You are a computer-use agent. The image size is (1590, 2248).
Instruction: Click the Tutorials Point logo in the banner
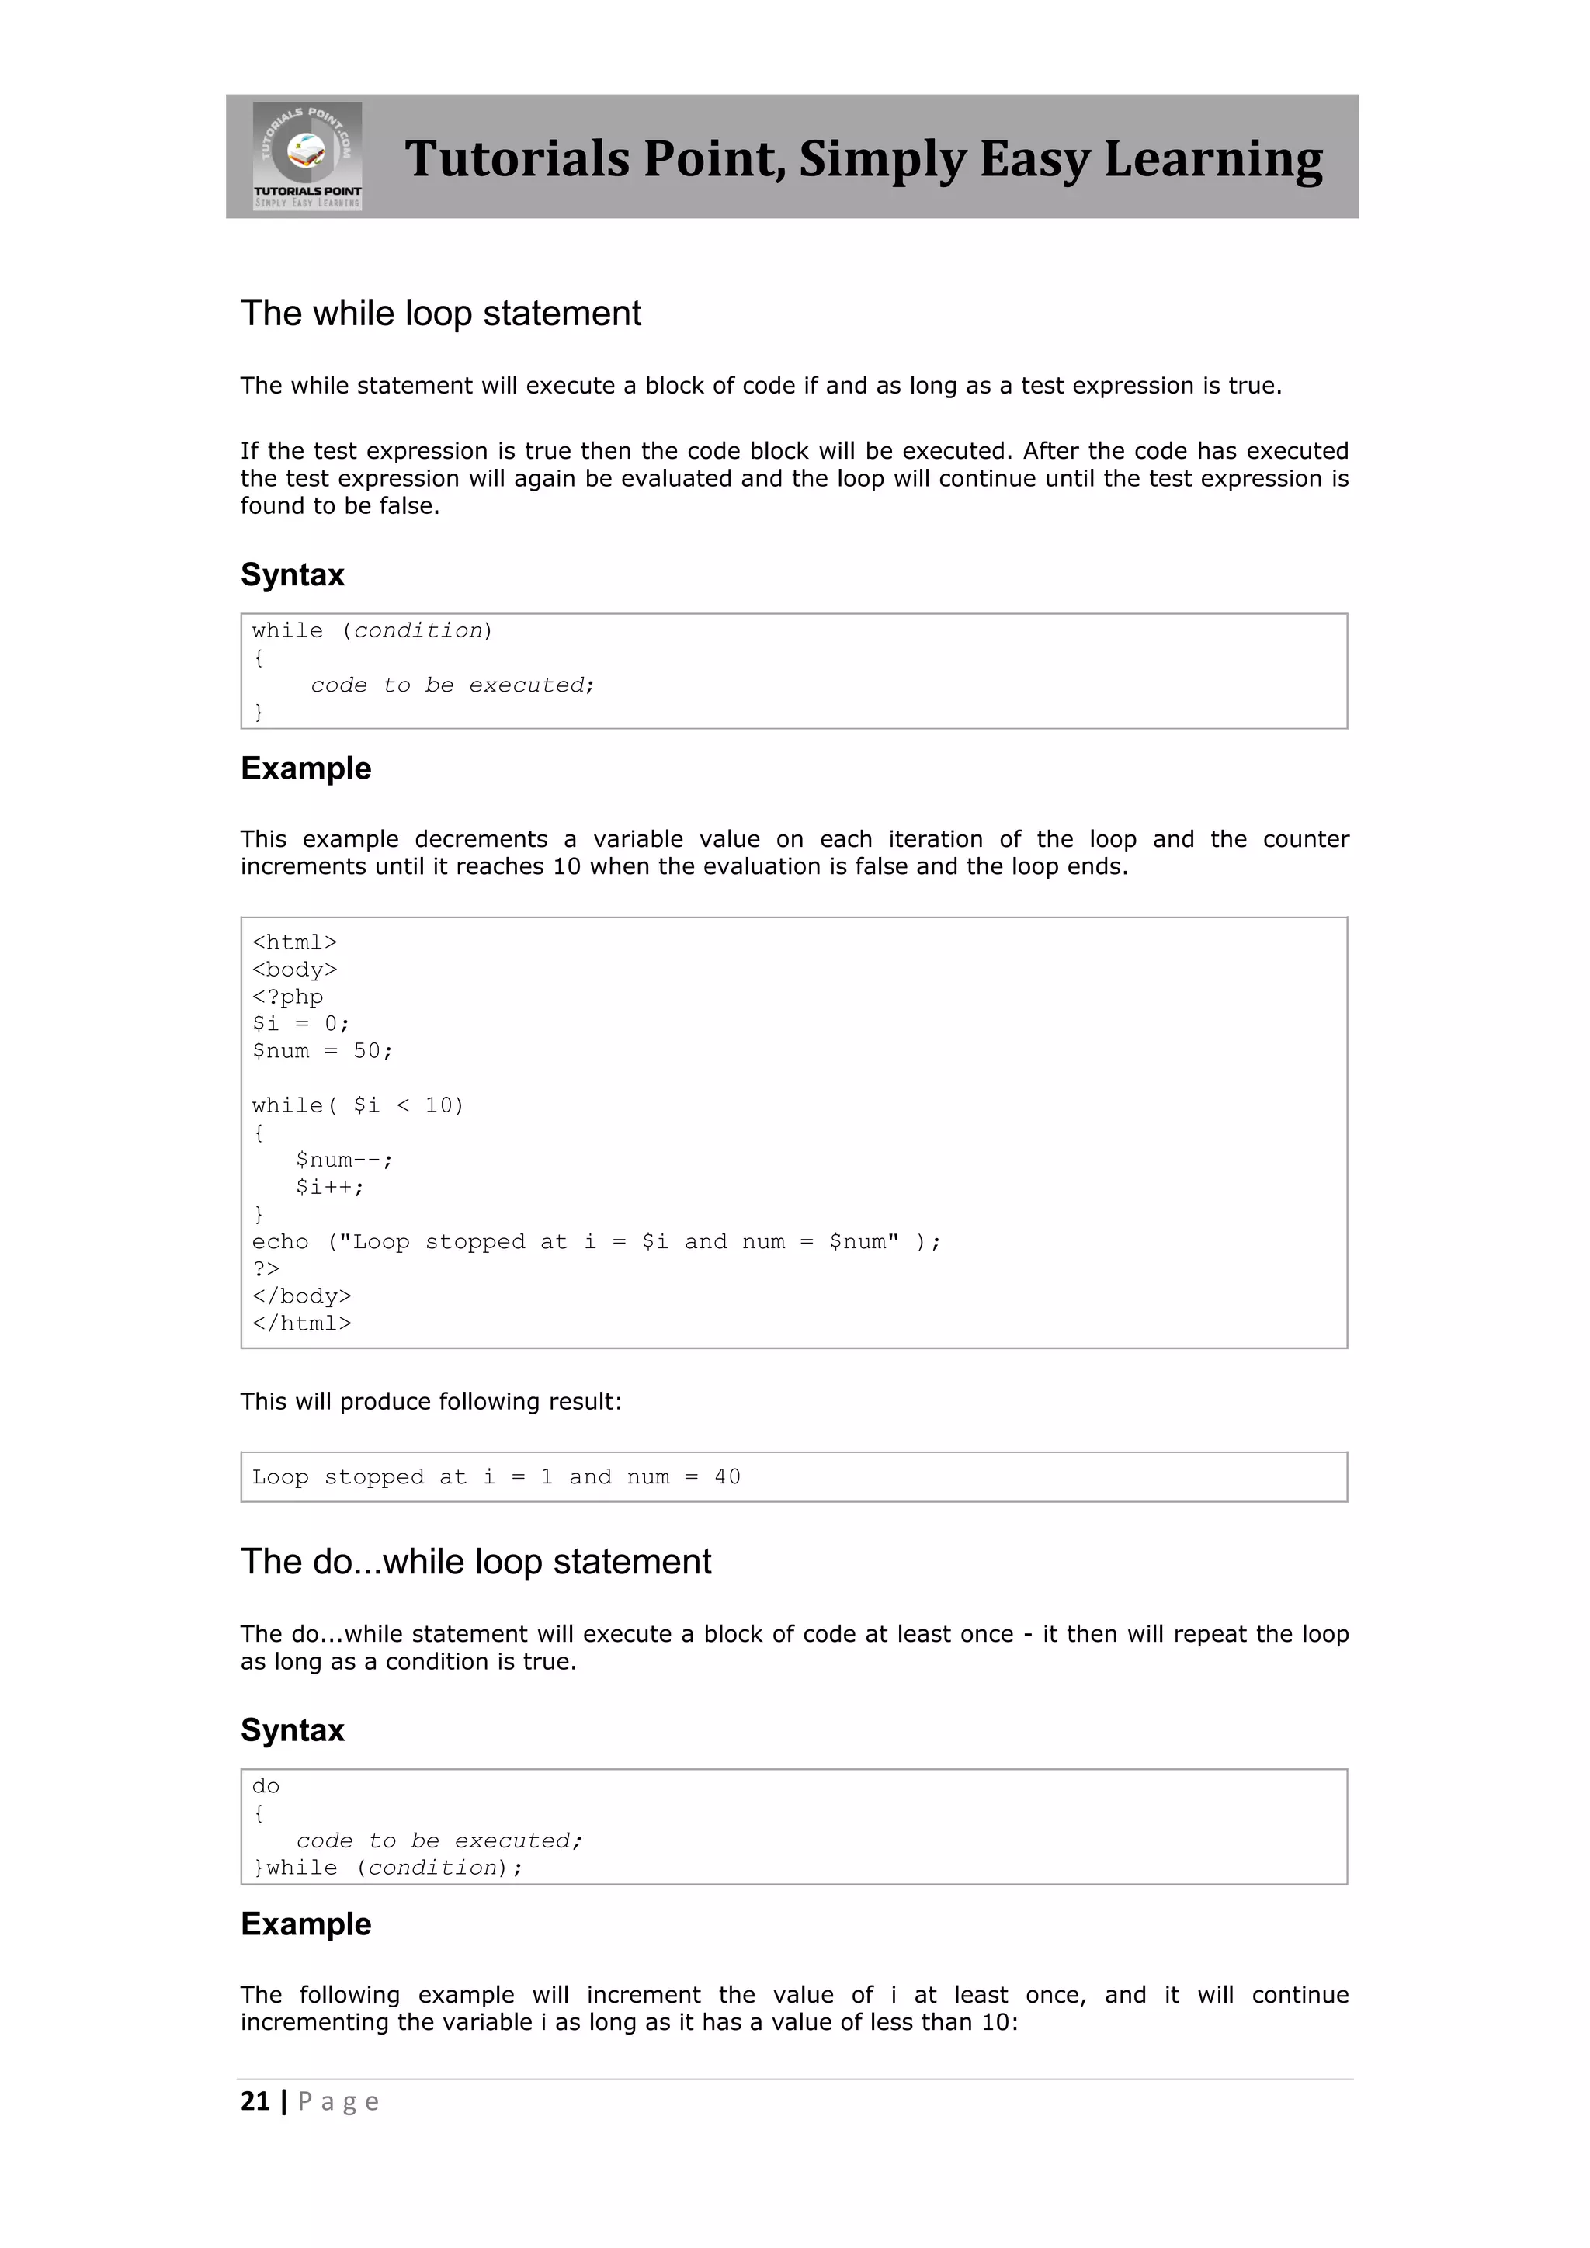[307, 156]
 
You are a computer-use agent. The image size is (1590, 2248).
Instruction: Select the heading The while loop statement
[440, 314]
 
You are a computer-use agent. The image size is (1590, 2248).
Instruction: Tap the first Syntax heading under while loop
[292, 574]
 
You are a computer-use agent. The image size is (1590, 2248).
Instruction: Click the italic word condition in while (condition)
[418, 630]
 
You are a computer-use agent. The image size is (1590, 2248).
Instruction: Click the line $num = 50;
[322, 1050]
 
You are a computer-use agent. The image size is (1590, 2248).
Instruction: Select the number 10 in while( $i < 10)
[438, 1105]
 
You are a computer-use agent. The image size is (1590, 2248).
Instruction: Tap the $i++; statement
[329, 1187]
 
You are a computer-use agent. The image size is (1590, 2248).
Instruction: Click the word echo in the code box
[280, 1241]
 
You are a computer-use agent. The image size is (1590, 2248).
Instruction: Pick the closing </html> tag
[301, 1323]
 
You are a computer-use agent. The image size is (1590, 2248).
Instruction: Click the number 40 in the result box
[727, 1476]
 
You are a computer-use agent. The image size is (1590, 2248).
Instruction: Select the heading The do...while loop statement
[476, 1562]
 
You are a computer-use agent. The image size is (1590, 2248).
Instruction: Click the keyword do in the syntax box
[266, 1786]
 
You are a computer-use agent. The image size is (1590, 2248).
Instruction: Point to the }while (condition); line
[387, 1868]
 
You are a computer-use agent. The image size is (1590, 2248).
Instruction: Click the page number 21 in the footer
[255, 2101]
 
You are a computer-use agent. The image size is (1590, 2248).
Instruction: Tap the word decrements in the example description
[481, 839]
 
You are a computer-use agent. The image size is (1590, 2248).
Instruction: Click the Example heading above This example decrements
[305, 768]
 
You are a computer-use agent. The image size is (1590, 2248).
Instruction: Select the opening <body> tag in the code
[293, 970]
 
